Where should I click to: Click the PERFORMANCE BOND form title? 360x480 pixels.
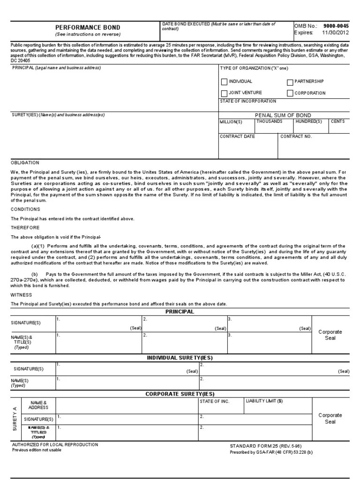coord(88,28)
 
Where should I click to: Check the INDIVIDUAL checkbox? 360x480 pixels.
coord(224,82)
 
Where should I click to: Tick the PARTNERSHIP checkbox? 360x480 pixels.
coord(290,82)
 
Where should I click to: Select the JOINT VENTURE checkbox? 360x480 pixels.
coord(224,93)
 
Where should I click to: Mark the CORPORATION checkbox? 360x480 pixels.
coord(290,93)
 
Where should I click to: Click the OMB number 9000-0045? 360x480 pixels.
coord(336,26)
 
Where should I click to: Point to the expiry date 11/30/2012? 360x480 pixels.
coord(336,33)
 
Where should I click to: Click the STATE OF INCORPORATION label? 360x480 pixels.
coord(248,101)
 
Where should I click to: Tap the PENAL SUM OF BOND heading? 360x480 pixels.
coord(283,115)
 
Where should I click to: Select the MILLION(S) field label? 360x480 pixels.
coord(231,122)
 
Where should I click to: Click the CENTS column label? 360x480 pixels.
coord(337,121)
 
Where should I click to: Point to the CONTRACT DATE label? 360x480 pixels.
coord(237,136)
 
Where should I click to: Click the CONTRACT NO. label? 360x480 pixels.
coord(296,136)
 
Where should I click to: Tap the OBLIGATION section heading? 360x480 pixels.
coord(25,163)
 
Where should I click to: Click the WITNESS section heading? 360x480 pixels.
coord(21,295)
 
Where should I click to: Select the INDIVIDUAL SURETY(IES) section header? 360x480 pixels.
coord(180,358)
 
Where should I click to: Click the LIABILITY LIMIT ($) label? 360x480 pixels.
coord(264,401)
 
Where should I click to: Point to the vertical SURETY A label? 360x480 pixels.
coord(15,419)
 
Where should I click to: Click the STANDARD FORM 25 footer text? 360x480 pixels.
coord(265,446)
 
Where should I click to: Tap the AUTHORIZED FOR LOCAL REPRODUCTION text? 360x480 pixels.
coord(55,444)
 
